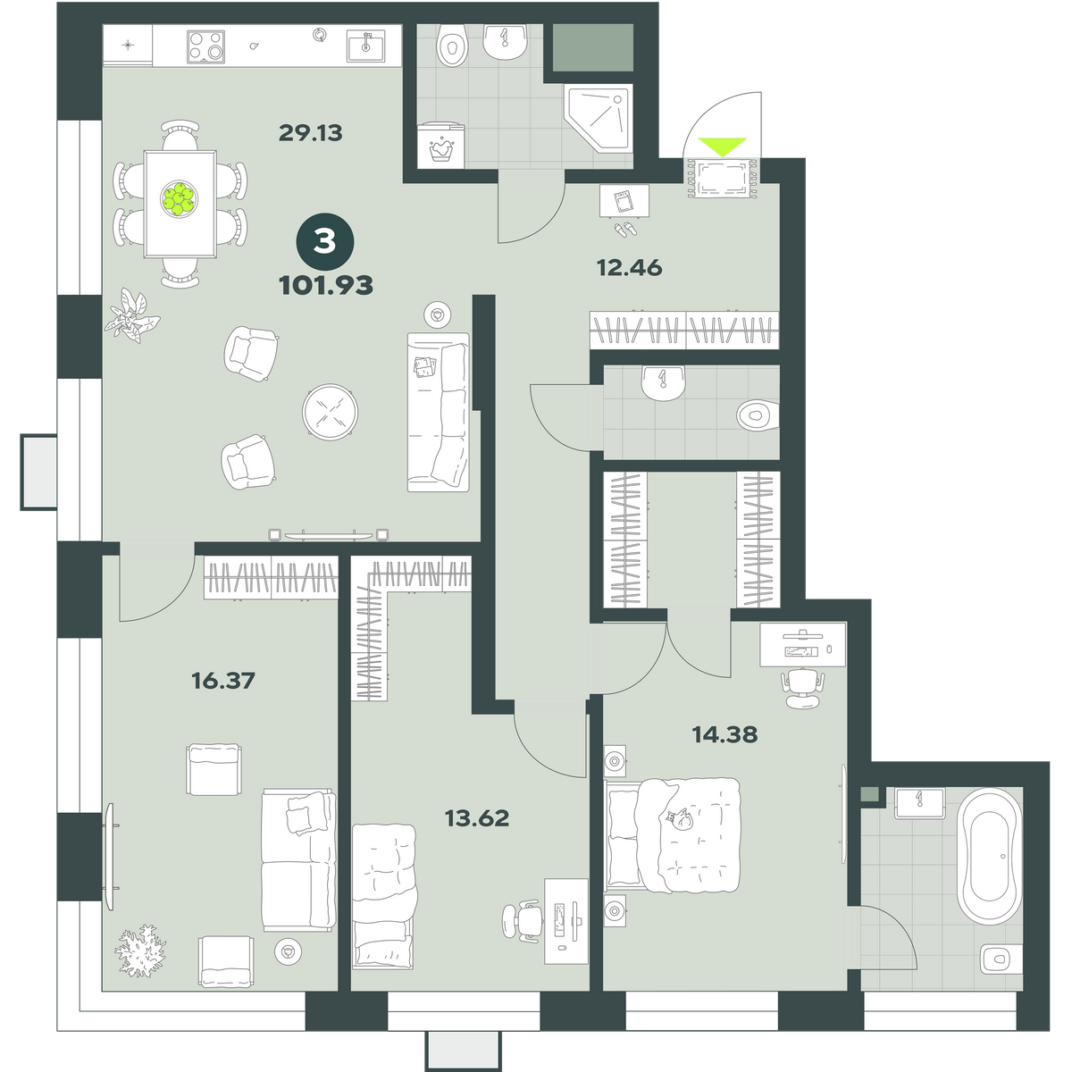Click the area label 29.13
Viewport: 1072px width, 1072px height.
point(310,133)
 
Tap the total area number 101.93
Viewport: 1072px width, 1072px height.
point(326,285)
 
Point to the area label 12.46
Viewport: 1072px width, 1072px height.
point(629,268)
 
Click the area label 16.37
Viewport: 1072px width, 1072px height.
point(223,680)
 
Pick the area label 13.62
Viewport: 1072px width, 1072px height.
point(477,818)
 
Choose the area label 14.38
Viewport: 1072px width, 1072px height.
point(724,735)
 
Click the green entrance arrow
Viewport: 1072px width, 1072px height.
point(722,147)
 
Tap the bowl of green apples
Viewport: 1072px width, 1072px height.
point(180,198)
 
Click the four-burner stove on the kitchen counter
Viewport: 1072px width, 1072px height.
point(205,46)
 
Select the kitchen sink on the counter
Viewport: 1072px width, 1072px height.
point(365,46)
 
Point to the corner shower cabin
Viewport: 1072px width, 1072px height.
point(599,118)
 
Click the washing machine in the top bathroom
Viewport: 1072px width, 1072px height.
point(441,144)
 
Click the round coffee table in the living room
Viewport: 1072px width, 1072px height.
point(330,412)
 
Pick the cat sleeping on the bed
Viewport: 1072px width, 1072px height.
point(679,819)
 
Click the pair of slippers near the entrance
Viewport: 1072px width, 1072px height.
point(626,228)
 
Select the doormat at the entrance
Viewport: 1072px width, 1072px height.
point(722,178)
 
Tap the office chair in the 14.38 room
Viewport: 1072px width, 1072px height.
point(801,688)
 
